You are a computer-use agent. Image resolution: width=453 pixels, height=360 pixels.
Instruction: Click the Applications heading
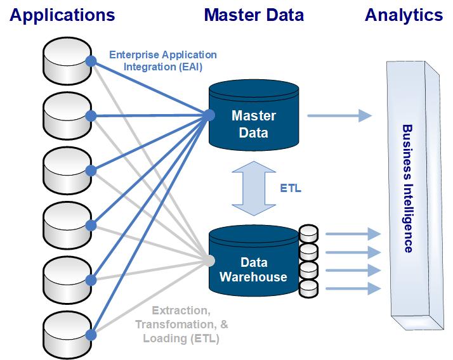pos(62,15)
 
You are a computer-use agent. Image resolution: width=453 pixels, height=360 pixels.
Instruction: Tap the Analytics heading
pos(404,15)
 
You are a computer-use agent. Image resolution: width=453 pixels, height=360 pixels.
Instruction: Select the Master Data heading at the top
pos(254,15)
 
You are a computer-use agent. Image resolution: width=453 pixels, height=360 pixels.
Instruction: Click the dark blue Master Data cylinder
pos(254,116)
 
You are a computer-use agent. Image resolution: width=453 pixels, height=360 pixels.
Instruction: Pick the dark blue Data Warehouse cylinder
pos(254,260)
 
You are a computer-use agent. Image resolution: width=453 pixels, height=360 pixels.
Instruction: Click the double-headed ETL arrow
pos(254,188)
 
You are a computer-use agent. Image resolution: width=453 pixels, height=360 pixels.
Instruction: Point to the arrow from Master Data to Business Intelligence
pos(339,115)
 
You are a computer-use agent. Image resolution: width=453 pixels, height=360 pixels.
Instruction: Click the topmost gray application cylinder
pos(67,61)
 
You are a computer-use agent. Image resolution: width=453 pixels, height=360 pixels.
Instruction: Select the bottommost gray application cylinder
pos(67,336)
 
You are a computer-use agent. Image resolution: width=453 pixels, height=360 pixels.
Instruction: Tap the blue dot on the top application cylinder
pos(91,61)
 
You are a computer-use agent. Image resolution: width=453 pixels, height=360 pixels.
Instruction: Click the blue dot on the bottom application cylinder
pos(91,335)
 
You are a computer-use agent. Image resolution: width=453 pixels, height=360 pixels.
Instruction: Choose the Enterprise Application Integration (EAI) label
pos(163,61)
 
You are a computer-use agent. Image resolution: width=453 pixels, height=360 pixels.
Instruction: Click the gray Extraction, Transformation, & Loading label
pos(181,325)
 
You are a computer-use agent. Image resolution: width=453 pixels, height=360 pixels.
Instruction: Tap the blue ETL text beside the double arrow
pos(291,188)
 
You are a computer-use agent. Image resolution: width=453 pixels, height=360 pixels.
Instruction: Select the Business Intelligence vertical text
pos(407,189)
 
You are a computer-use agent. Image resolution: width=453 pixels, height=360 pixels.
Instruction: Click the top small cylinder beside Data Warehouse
pos(309,233)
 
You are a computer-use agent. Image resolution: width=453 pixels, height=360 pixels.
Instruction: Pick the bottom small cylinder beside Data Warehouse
pos(309,288)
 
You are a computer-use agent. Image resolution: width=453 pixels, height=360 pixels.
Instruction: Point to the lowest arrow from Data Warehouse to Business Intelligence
pos(353,288)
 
